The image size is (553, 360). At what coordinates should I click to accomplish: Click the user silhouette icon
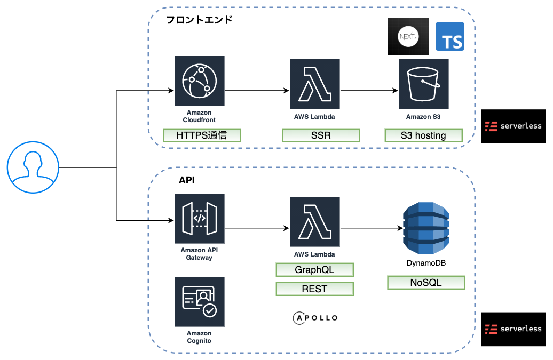pos(33,167)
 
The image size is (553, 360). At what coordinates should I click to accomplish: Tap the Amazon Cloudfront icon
pos(199,81)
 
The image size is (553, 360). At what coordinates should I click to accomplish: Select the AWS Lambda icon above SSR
pos(314,84)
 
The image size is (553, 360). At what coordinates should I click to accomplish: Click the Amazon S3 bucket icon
pos(423,84)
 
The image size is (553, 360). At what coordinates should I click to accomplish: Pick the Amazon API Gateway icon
pos(199,218)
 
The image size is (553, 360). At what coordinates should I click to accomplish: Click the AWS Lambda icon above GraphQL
pos(314,221)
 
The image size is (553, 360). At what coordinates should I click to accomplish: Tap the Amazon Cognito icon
pos(199,301)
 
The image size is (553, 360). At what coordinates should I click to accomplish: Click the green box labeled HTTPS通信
pos(202,135)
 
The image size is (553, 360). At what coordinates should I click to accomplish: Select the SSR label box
pos(321,135)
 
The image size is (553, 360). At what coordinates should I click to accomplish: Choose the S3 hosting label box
pos(423,135)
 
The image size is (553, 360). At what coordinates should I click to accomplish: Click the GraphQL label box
pos(314,269)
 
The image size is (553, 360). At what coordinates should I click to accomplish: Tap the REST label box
pos(314,289)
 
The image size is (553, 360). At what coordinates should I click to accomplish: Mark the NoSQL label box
pos(425,283)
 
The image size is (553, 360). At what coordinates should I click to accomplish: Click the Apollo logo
pos(315,318)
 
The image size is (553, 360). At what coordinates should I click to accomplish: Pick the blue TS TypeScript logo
pos(449,37)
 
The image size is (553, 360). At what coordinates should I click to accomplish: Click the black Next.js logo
pos(408,37)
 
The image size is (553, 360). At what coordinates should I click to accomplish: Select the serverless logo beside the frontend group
pos(513,126)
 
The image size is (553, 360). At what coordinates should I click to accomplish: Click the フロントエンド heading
pos(199,20)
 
